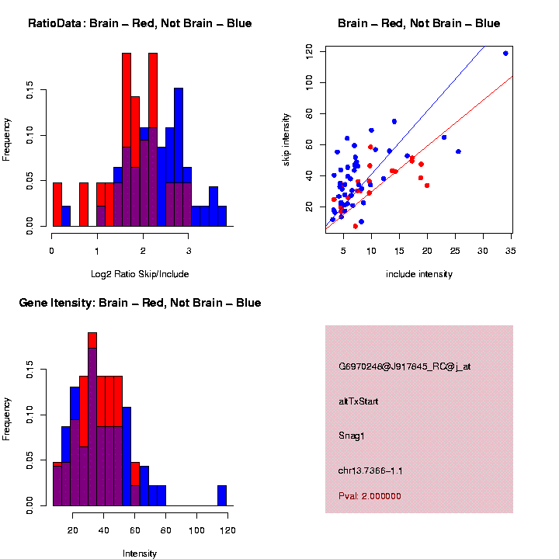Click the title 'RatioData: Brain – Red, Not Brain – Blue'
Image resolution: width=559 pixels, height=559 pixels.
pos(140,23)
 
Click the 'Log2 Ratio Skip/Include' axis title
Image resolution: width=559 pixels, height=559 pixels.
pos(140,274)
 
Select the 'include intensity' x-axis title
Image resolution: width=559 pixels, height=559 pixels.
pos(419,274)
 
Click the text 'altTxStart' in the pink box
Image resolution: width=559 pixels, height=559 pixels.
pos(358,401)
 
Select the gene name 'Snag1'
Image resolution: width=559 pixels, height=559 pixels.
pos(352,436)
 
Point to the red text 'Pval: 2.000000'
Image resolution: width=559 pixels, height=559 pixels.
pos(370,496)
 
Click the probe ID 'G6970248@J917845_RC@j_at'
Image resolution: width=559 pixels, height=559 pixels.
pos(404,366)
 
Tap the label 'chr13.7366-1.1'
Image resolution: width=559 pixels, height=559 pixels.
pos(370,470)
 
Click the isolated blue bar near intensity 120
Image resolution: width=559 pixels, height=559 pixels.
pos(222,495)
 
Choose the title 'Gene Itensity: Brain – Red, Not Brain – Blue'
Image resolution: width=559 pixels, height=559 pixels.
pos(140,303)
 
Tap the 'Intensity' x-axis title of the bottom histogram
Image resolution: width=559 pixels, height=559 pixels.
pos(140,554)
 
